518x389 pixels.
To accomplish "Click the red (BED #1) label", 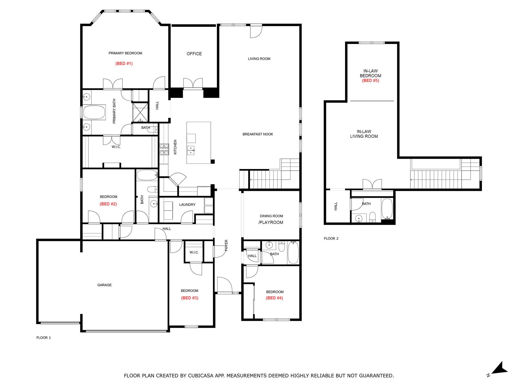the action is click(x=124, y=64).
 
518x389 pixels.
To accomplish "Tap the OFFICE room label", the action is click(x=194, y=54).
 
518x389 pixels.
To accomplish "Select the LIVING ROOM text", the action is click(x=259, y=59).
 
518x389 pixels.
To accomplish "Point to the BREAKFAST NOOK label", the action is click(x=258, y=134).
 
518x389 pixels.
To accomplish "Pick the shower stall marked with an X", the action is click(x=140, y=112).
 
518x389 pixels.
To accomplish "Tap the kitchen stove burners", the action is click(x=164, y=149).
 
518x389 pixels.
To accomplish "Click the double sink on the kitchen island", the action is click(x=191, y=150).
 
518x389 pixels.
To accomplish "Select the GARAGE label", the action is click(x=104, y=285).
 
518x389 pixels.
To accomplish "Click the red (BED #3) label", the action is click(x=190, y=298).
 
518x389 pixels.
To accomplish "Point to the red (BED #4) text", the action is click(x=274, y=298).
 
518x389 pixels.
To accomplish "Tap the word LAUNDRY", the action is click(x=187, y=205).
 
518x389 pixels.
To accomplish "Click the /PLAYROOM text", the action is click(x=271, y=222).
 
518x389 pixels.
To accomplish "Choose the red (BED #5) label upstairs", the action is click(x=371, y=81).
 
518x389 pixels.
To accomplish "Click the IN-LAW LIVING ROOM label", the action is click(x=364, y=134).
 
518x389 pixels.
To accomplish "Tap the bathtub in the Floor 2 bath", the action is click(x=387, y=209).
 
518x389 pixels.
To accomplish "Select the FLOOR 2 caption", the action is click(x=331, y=238).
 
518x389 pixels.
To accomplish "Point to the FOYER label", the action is click(x=226, y=245).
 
